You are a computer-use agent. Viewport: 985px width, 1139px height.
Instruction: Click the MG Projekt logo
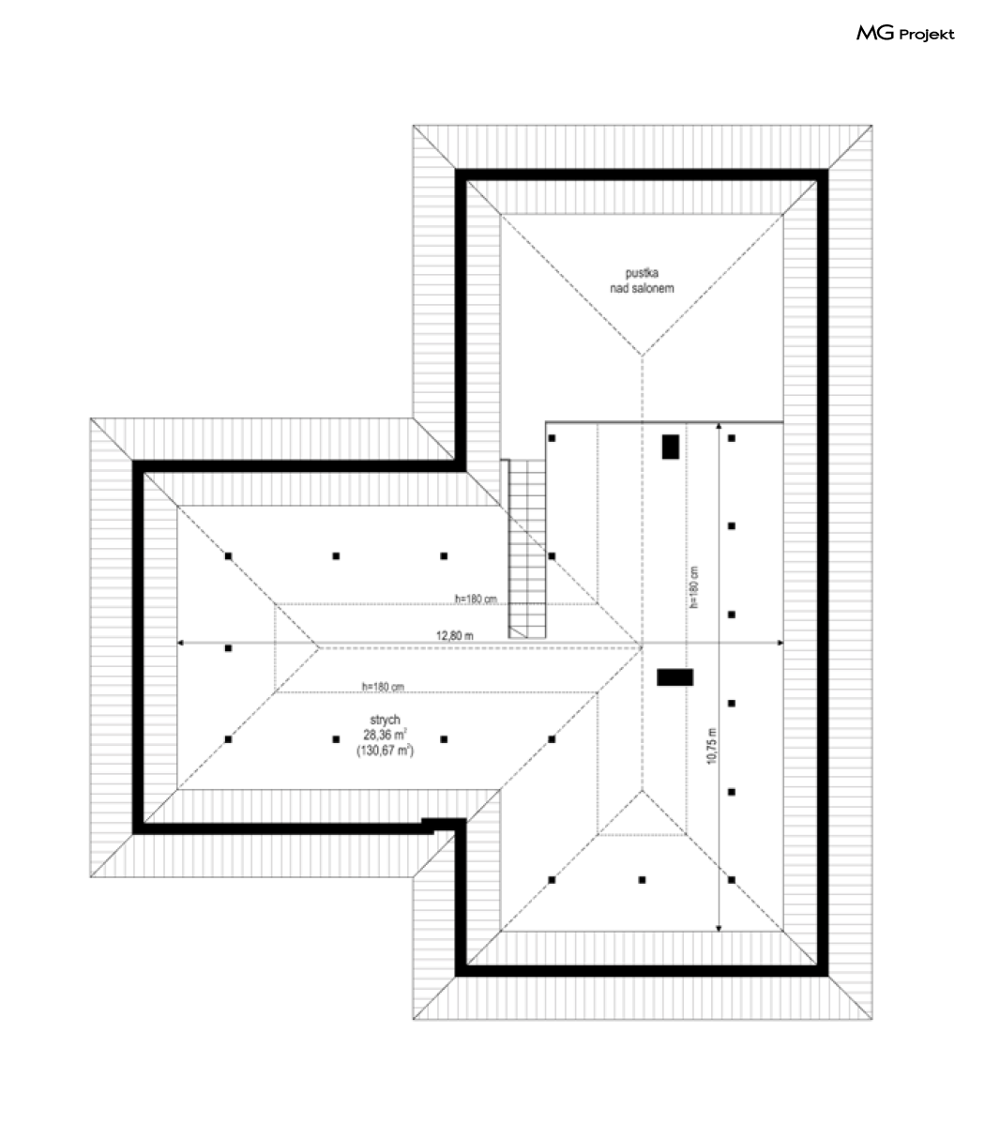pos(905,34)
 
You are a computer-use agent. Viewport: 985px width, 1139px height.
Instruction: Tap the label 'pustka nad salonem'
pos(642,281)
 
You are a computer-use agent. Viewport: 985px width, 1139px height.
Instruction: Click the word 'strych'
pos(385,720)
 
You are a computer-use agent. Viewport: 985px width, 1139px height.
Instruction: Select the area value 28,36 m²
pos(385,735)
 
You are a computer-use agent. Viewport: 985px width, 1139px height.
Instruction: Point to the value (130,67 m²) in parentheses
pos(385,750)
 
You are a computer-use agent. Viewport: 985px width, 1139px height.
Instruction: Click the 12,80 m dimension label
pos(454,635)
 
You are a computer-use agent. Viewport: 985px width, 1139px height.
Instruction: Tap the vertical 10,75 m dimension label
pos(712,746)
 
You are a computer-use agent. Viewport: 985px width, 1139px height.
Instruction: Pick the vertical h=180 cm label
pos(694,587)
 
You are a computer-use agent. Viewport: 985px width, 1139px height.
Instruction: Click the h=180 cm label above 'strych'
pos(383,687)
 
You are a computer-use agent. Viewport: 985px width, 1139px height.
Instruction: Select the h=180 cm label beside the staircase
pos(476,599)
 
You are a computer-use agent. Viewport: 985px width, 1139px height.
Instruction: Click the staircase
pos(527,549)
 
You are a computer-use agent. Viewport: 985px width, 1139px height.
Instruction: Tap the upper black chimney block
pos(671,447)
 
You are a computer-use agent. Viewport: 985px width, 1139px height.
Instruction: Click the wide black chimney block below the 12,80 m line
pos(674,677)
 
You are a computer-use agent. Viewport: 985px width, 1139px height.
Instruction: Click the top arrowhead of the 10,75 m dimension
pos(719,425)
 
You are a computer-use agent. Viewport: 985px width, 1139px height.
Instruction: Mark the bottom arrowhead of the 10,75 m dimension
pos(719,929)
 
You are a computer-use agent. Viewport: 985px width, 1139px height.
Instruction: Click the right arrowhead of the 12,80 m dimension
pos(780,643)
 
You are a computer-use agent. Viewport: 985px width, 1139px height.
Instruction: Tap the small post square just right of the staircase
pos(552,556)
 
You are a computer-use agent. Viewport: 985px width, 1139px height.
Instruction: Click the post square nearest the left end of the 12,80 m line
pos(229,648)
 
